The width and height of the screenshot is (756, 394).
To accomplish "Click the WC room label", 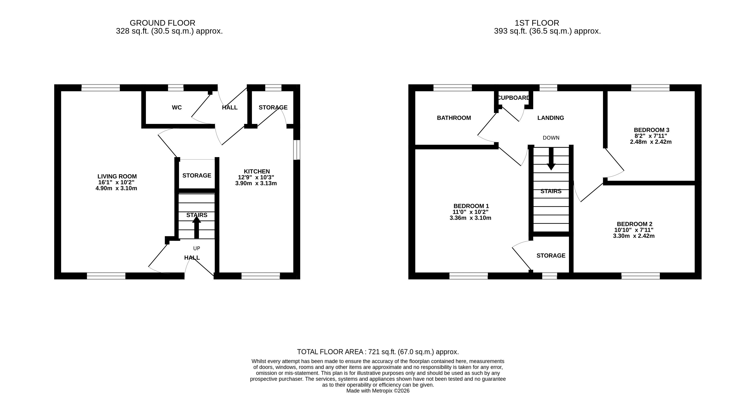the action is click(x=177, y=108).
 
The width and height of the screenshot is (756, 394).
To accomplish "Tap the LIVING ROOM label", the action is click(x=117, y=176).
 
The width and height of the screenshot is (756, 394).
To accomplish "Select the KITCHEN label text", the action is click(x=257, y=171).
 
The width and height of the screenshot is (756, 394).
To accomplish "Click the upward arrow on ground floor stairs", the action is click(x=197, y=227).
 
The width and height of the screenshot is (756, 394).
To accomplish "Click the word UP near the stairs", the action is click(x=197, y=249).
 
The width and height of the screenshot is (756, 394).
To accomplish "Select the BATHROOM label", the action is click(x=454, y=118).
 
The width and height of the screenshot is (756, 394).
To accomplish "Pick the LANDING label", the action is click(x=551, y=118).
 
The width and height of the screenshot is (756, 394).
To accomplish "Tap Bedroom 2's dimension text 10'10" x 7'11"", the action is click(x=634, y=230).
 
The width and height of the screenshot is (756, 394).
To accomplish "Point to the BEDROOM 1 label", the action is click(x=471, y=206).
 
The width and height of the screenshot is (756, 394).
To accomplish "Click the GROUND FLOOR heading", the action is click(x=163, y=23).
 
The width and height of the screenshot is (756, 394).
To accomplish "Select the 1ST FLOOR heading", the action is click(x=537, y=23).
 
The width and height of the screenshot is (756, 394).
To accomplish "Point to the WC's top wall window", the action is click(x=176, y=88).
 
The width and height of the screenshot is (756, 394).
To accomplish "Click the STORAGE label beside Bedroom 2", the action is click(x=551, y=256).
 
